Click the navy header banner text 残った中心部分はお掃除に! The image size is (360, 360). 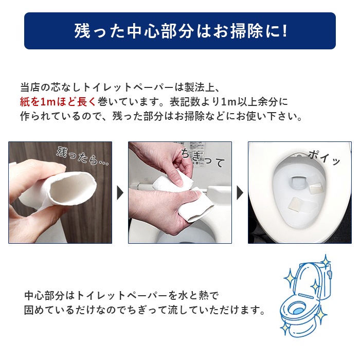(x=179, y=31)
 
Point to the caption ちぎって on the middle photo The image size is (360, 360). (x=203, y=157)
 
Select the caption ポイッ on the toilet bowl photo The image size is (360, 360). (x=324, y=157)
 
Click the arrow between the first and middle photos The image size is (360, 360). (x=120, y=193)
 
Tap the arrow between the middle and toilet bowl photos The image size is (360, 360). (x=240, y=193)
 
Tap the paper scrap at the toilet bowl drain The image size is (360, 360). (x=298, y=181)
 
